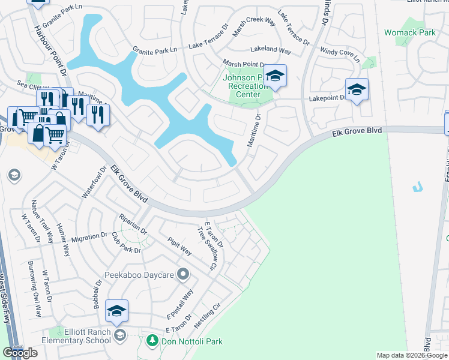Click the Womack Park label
pos(410,32)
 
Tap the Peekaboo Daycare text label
pos(139,275)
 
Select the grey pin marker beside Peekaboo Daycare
pos(184,275)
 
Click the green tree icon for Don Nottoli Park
pos(152,341)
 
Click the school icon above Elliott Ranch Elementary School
pos(116,311)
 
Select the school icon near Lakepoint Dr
pos(357,90)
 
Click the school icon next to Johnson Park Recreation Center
pos(275,76)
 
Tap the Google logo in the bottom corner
pos(20,353)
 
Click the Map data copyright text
pos(412,355)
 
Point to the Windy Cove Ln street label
pos(340,55)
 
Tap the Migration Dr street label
pos(89,238)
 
